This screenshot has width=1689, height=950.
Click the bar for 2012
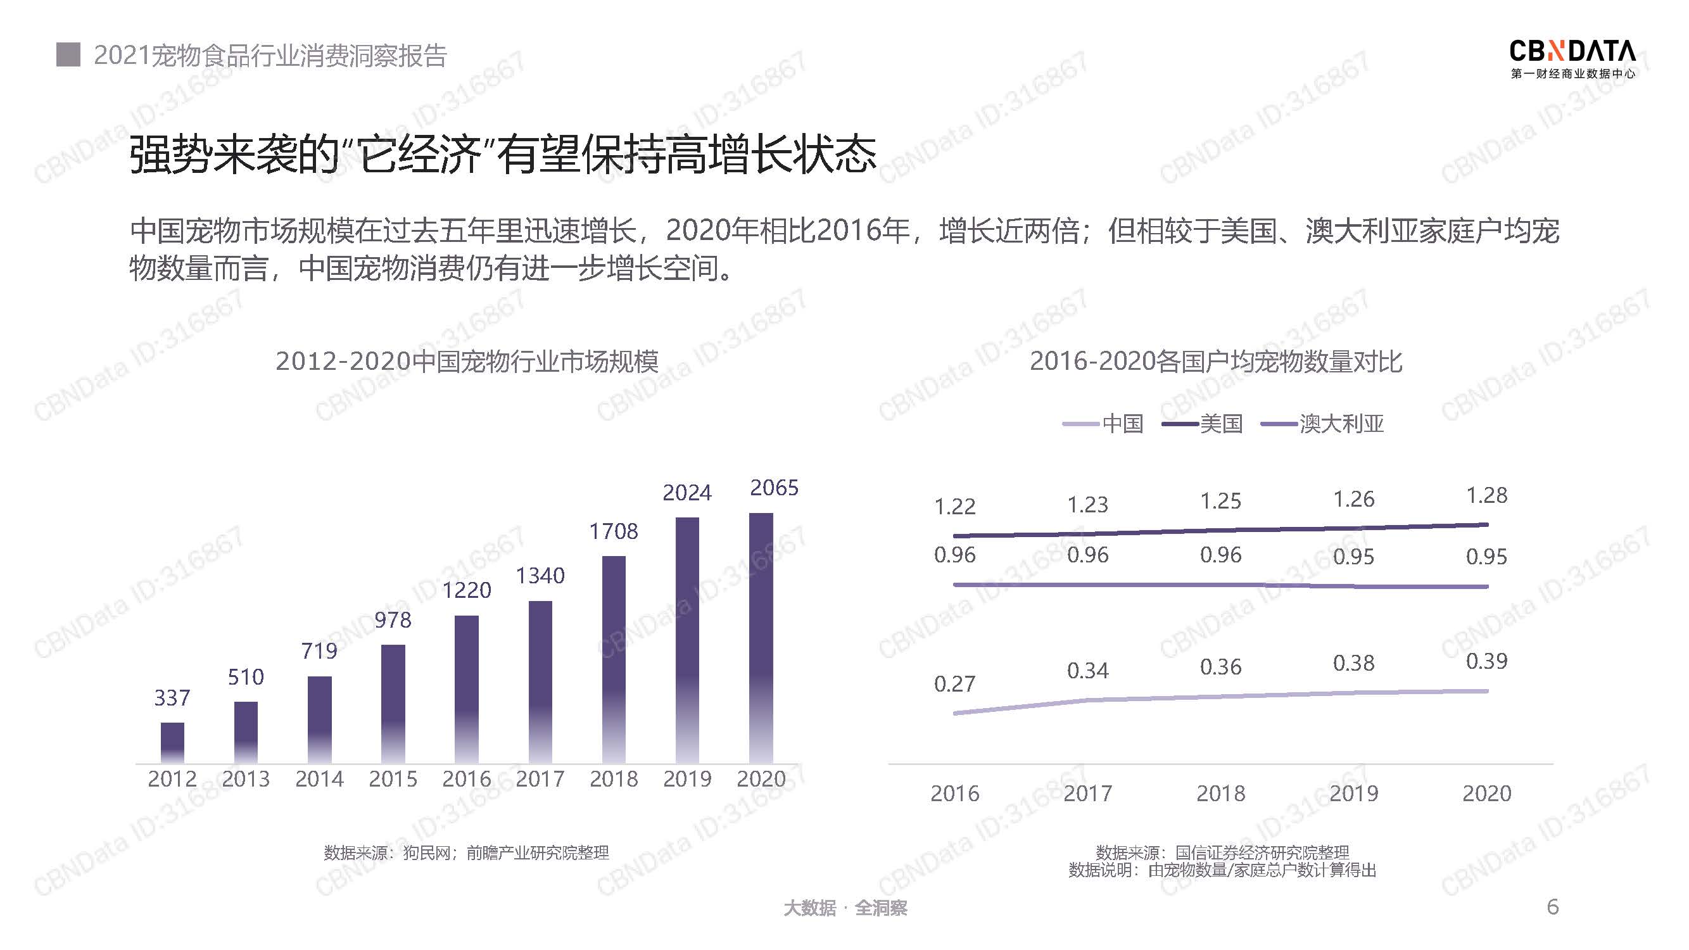coord(172,742)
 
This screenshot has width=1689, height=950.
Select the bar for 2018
coord(614,659)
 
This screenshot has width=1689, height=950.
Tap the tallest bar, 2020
coord(761,637)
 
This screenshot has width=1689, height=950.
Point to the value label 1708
coord(613,531)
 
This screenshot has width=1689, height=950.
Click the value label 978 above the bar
coord(393,620)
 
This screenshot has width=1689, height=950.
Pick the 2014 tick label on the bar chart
coord(319,779)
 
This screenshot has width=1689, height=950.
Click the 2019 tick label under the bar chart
coord(687,779)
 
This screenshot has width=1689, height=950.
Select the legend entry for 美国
coord(1203,424)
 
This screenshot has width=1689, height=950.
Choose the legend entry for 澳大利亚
coord(1322,424)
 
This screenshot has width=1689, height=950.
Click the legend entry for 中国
coord(1103,424)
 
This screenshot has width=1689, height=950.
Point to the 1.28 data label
coord(1486,496)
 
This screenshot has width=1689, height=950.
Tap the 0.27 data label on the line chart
coord(954,685)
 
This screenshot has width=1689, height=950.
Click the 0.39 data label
coord(1486,661)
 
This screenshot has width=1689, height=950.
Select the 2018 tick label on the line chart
coord(1220,794)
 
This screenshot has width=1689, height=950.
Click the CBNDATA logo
coord(1572,59)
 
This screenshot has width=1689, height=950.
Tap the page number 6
coord(1552,907)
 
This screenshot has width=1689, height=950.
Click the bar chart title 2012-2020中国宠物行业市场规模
coord(467,361)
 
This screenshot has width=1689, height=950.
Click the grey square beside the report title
coord(68,55)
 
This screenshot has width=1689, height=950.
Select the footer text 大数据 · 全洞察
coord(845,908)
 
